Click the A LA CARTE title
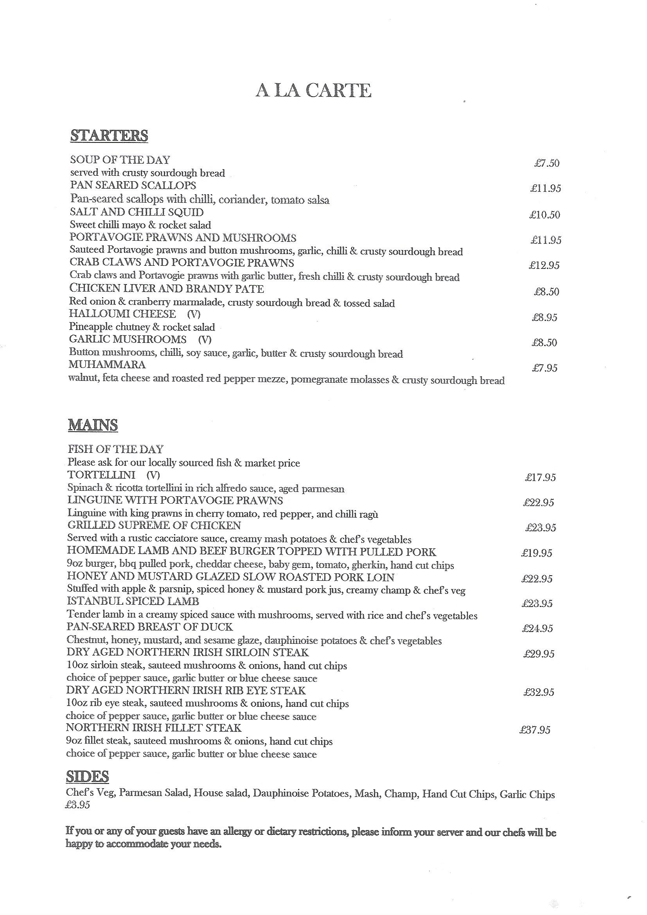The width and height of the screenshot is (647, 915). (313, 91)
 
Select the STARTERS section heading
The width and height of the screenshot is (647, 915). (109, 135)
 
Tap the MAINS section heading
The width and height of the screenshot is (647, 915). (93, 425)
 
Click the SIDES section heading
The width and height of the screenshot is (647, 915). (87, 776)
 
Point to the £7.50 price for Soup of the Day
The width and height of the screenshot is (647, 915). (546, 163)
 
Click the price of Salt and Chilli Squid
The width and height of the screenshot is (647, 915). (544, 215)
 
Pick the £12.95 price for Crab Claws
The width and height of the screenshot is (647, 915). (544, 265)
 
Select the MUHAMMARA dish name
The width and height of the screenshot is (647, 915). (107, 365)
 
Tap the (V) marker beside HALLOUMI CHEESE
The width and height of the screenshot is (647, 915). (194, 314)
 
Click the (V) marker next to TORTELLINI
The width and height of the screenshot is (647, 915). (153, 475)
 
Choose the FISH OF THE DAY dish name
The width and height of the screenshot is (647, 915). (115, 449)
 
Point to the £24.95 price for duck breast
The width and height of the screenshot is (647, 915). (537, 629)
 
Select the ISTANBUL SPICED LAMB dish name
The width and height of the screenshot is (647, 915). (133, 601)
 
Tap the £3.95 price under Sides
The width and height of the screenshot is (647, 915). (78, 805)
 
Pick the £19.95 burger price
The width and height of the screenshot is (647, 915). (537, 553)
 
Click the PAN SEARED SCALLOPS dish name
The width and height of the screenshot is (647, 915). (133, 186)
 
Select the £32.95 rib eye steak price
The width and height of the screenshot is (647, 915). (539, 692)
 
